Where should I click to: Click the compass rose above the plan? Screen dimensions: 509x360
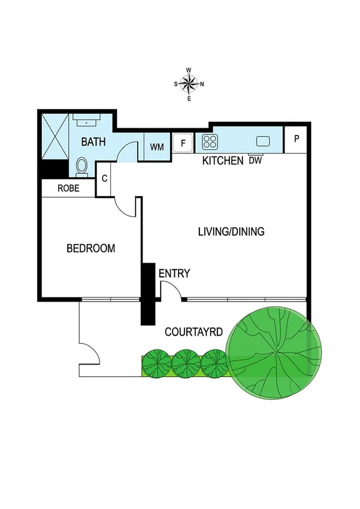click(x=189, y=84)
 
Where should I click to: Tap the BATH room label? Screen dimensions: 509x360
click(x=93, y=142)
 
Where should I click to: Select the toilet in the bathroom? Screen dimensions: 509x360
click(x=82, y=165)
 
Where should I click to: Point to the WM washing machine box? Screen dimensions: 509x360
click(x=157, y=147)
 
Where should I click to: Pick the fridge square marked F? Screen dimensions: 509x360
click(x=183, y=143)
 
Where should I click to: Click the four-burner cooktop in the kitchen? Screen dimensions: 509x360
click(x=210, y=142)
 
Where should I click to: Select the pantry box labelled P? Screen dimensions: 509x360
click(x=296, y=138)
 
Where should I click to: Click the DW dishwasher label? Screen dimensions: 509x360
click(x=255, y=160)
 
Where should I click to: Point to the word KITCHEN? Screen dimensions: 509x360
click(x=223, y=161)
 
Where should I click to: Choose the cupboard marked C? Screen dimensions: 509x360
click(x=104, y=178)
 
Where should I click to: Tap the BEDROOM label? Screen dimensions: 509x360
click(x=90, y=248)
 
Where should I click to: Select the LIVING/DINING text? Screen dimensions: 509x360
click(x=231, y=231)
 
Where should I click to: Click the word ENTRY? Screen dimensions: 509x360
click(x=174, y=274)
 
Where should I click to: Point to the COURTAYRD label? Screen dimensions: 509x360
click(x=193, y=331)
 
